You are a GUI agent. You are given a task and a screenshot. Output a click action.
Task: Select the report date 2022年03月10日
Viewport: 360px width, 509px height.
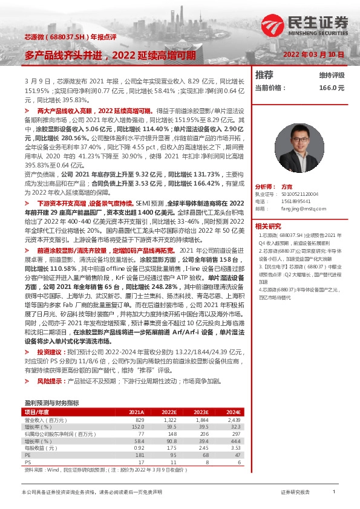[313, 54]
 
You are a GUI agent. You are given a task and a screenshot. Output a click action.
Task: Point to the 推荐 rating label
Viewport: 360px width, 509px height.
[264, 75]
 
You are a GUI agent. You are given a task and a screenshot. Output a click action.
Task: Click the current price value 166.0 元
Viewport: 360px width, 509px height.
[332, 88]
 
